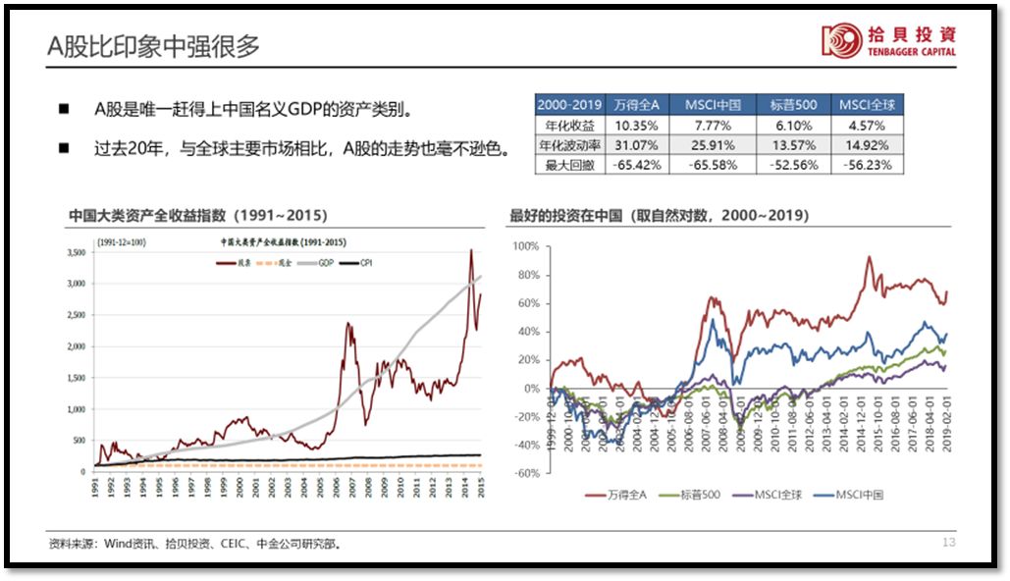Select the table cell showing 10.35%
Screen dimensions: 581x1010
(636, 127)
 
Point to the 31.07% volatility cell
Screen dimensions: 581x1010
(636, 146)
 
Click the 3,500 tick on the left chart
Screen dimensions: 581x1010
(75, 253)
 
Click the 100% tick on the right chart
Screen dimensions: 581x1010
(527, 245)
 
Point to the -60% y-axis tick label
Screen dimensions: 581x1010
(527, 473)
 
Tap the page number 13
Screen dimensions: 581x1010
(948, 543)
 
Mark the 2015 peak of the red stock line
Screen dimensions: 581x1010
(470, 250)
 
